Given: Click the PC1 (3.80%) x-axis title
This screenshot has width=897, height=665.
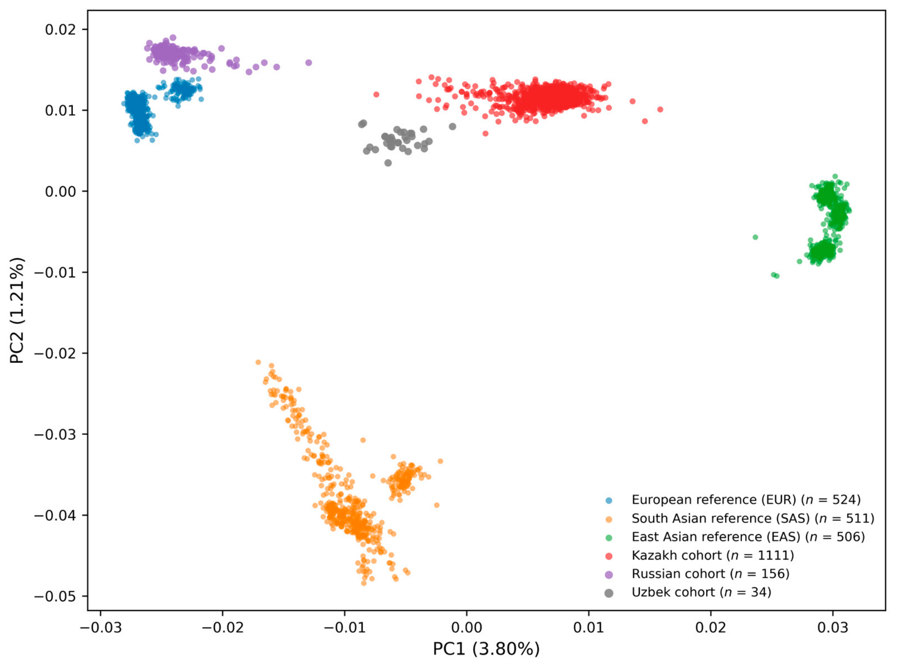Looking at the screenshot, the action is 486,648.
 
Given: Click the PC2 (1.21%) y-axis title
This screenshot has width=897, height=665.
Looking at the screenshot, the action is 17,310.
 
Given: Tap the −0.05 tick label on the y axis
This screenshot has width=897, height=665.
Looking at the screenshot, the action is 54,596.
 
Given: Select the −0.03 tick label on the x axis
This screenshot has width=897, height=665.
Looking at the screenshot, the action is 101,627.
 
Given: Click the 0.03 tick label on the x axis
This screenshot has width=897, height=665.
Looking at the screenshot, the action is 833,627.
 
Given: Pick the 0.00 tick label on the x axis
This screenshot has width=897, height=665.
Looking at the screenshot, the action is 467,627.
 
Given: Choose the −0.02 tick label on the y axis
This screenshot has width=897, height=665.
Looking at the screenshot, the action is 54,353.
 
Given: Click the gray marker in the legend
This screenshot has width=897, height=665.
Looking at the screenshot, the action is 609,593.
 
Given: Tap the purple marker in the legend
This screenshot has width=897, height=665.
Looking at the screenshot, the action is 609,575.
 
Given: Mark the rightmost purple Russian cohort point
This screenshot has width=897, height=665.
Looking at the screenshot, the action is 309,63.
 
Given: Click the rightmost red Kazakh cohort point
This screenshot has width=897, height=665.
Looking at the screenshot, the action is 660,110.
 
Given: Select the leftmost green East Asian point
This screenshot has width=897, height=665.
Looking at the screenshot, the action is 755,237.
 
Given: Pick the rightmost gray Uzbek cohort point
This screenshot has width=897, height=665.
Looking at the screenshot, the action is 453,126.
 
